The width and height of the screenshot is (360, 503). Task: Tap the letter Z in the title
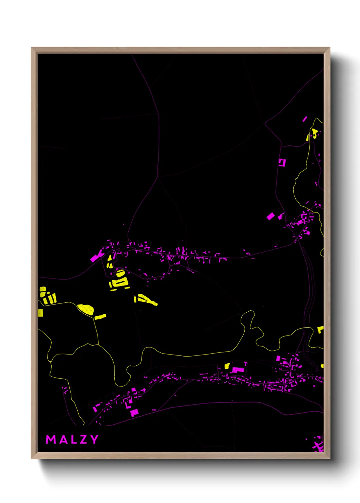pyautogui.click(x=82, y=439)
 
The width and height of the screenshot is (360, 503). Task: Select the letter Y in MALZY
pyautogui.click(x=94, y=439)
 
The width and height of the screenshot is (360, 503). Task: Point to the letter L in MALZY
pyautogui.click(x=72, y=439)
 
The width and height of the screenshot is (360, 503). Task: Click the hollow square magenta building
pyautogui.click(x=282, y=162)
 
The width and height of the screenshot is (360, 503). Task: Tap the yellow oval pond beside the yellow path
pyautogui.click(x=86, y=309)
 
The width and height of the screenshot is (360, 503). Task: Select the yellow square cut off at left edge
pyautogui.click(x=40, y=312)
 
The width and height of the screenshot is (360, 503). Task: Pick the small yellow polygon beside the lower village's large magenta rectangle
pyautogui.click(x=227, y=366)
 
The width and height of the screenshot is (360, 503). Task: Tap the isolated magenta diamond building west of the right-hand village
pyautogui.click(x=271, y=216)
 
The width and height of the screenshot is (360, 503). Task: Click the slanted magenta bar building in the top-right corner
pyautogui.click(x=305, y=119)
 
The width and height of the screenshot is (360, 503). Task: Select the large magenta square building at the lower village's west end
pyautogui.click(x=134, y=413)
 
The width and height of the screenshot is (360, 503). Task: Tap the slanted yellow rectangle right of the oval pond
pyautogui.click(x=100, y=317)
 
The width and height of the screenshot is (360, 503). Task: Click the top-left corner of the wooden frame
pyautogui.click(x=32, y=48)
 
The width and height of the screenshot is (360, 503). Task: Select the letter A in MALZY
pyautogui.click(x=62, y=439)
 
